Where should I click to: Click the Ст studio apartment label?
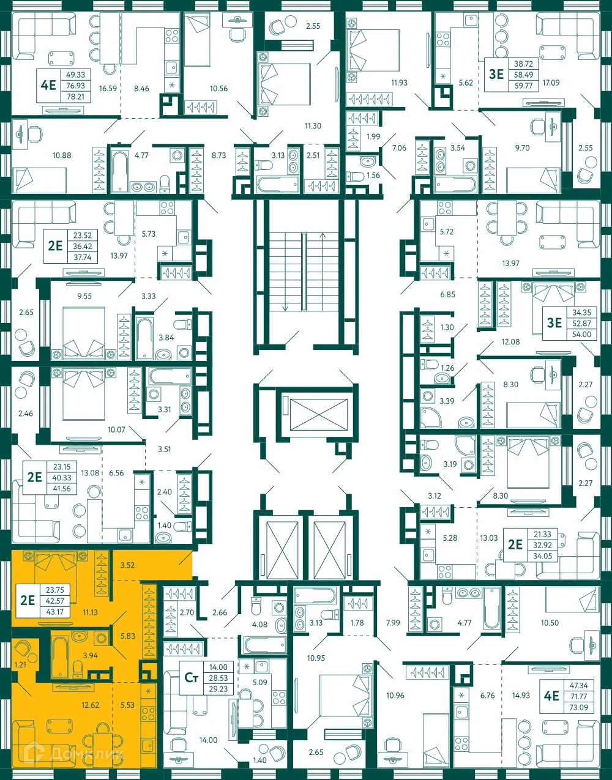(191, 677)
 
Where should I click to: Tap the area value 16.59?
(108, 89)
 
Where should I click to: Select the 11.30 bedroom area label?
(313, 126)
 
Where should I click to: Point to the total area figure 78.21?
(75, 97)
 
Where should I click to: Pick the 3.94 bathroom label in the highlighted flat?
(90, 656)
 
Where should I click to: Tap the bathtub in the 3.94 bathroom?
(59, 658)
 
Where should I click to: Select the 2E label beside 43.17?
(28, 600)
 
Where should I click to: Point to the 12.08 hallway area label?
(510, 342)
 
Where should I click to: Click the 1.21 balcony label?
(20, 664)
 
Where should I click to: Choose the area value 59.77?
(523, 86)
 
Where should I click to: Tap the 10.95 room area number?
(316, 658)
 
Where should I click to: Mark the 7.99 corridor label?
(393, 623)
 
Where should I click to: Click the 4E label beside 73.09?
(551, 696)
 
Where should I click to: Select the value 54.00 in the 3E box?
(581, 335)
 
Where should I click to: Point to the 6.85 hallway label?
(447, 295)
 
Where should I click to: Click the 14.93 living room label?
(521, 695)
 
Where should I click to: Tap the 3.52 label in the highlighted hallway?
(127, 565)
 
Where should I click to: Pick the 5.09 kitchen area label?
(259, 682)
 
